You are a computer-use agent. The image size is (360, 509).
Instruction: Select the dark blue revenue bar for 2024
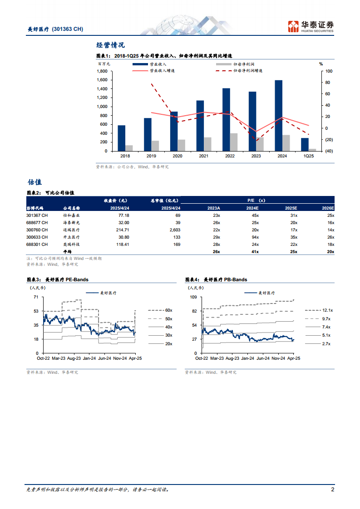[x=278, y=115]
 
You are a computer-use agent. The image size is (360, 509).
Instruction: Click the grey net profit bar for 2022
[x=234, y=142]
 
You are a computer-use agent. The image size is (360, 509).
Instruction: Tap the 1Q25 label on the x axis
[x=308, y=156]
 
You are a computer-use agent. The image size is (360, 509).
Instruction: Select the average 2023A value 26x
[x=216, y=251]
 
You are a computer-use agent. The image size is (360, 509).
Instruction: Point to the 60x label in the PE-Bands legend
[x=169, y=310]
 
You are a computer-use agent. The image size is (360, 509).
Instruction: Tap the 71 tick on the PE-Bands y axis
[x=36, y=297]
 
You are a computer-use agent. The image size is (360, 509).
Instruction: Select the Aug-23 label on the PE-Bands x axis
[x=74, y=358]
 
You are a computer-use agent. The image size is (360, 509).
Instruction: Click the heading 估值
[x=35, y=182]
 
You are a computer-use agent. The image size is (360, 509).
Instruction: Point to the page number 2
[x=332, y=489]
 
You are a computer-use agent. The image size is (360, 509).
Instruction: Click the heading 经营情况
[x=110, y=45]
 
